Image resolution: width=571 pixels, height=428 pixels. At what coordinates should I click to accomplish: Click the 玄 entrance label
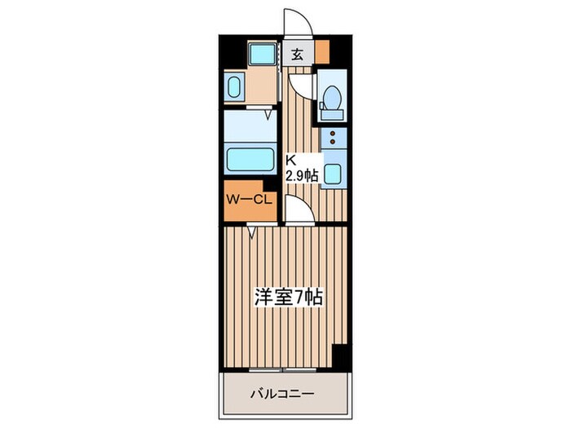click(x=298, y=55)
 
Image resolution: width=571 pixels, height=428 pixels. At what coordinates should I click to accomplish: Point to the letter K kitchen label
click(x=290, y=161)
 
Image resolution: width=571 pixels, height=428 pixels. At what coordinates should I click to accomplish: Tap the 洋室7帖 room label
click(x=289, y=298)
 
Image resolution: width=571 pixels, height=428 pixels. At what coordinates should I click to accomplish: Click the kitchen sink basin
click(x=334, y=173)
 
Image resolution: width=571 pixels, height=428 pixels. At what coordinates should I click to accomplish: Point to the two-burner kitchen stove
click(x=334, y=138)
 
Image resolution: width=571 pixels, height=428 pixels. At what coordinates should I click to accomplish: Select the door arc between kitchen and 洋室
click(x=297, y=214)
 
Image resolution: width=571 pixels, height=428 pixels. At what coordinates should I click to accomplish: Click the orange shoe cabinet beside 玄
click(x=323, y=51)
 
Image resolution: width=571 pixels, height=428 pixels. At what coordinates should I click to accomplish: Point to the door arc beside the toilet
click(x=301, y=85)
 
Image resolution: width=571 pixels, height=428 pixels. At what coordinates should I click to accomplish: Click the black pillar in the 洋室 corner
click(x=339, y=357)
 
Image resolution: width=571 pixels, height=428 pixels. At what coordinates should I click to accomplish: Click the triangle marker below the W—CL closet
click(x=253, y=232)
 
